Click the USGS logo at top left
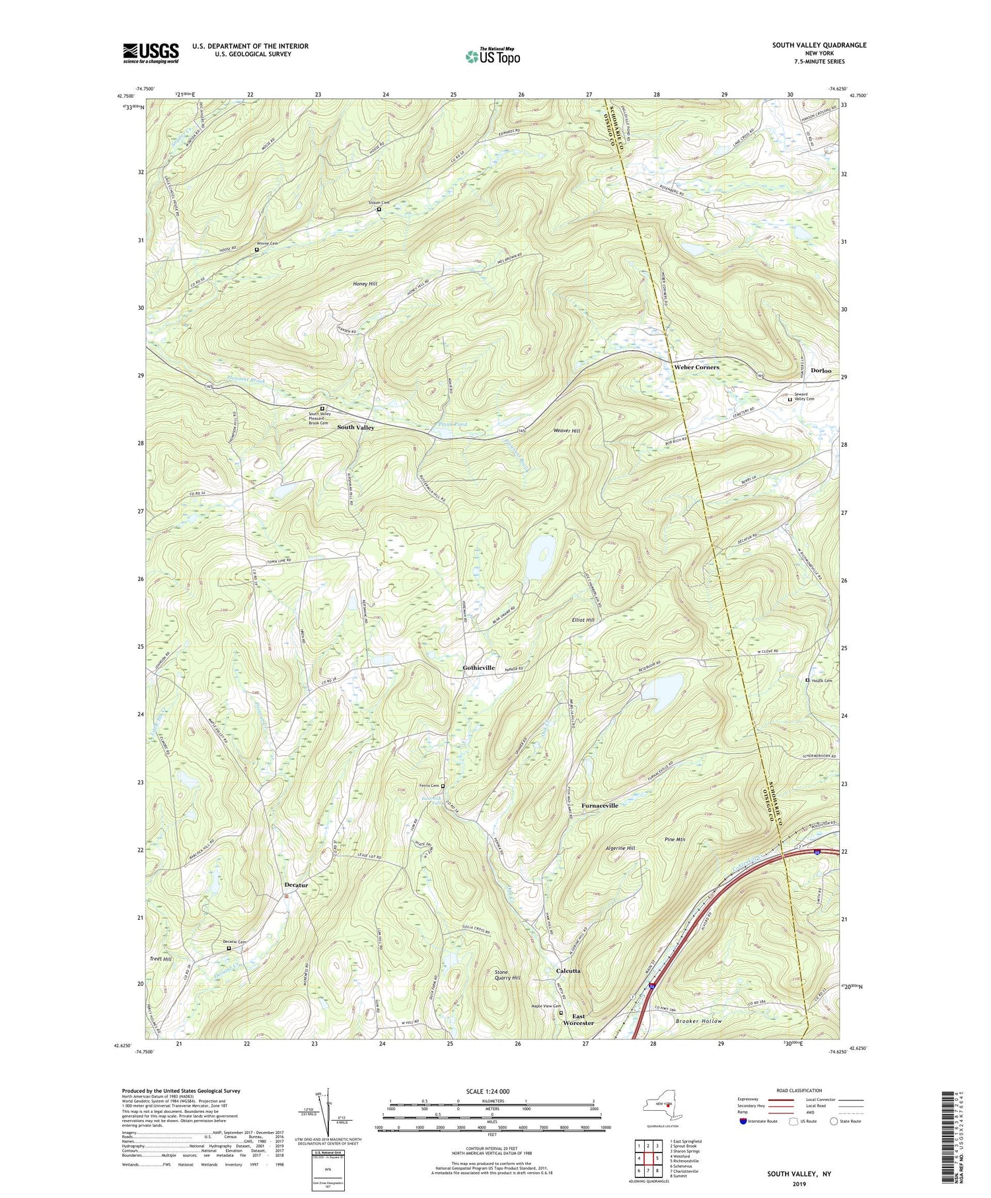coord(151,53)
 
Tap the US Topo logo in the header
coord(492,56)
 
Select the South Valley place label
coord(355,428)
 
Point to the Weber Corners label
coord(696,367)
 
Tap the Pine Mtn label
coord(675,839)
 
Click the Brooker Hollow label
coord(698,1021)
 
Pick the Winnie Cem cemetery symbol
coord(257,250)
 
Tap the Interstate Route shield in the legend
coord(743,1121)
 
